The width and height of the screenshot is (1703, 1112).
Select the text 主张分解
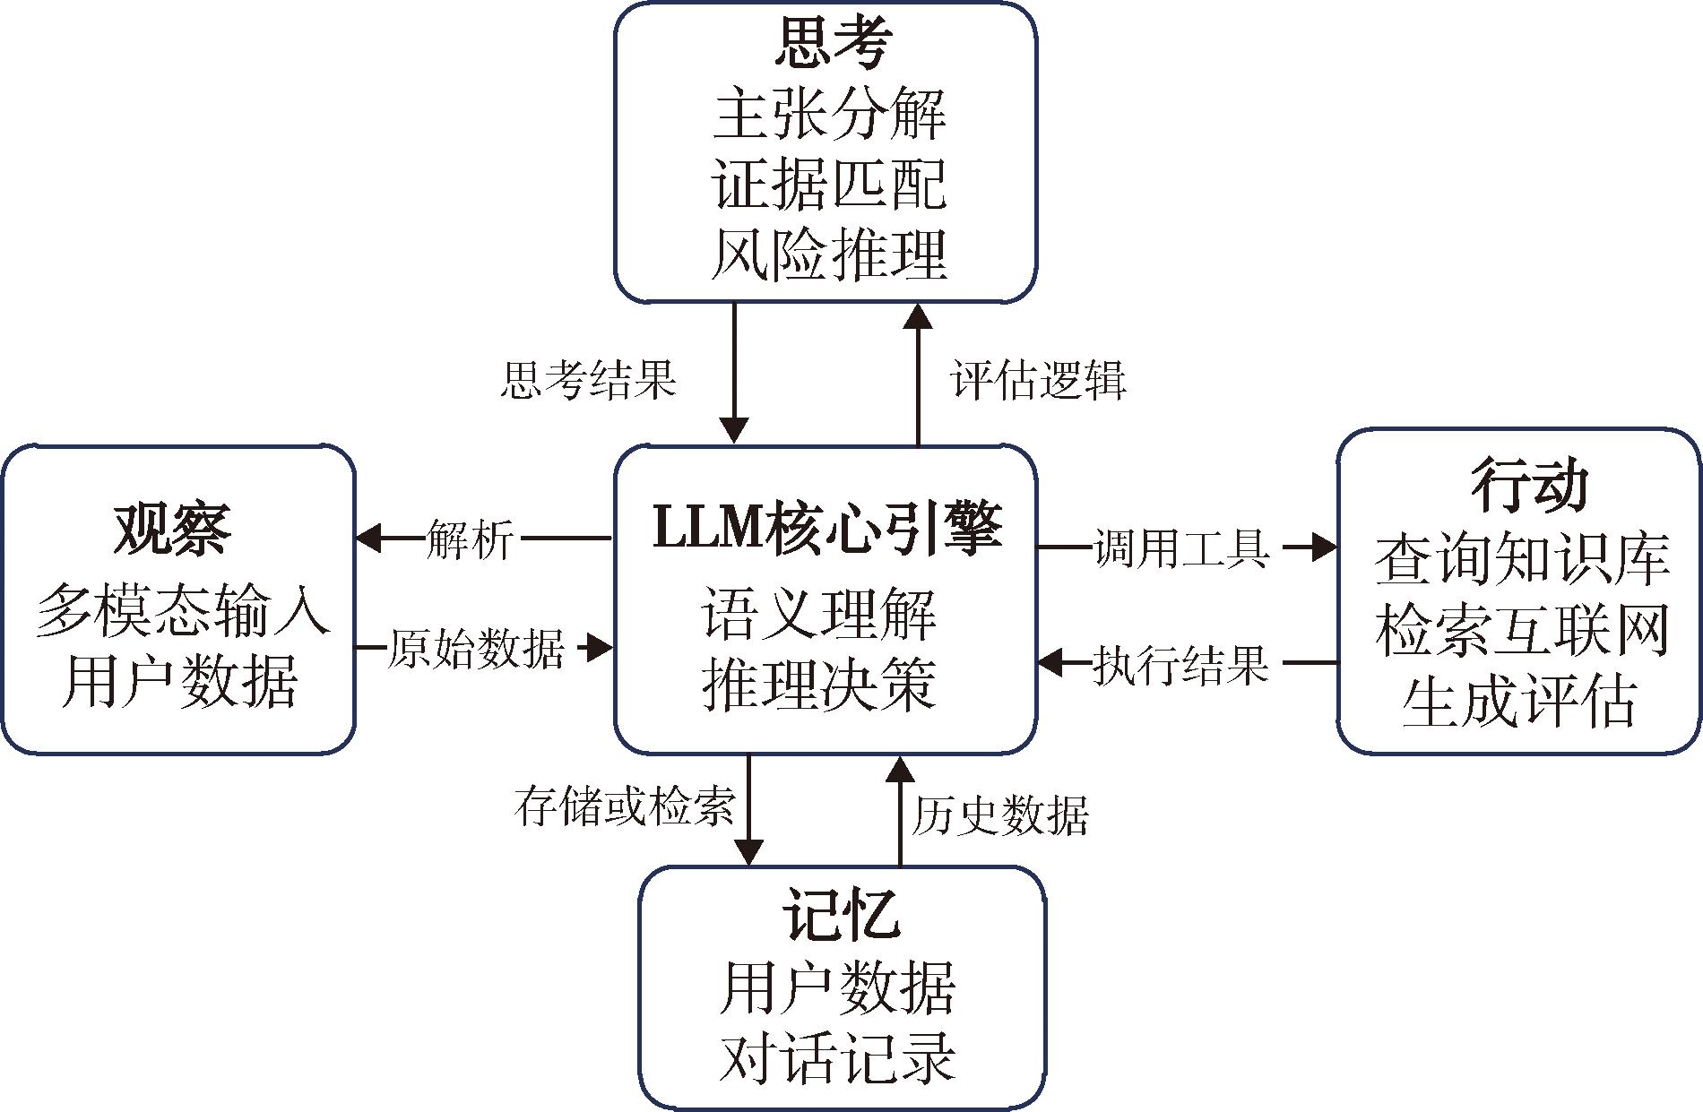(829, 115)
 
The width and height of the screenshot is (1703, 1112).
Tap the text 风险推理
(829, 255)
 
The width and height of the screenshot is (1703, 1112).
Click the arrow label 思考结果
(588, 380)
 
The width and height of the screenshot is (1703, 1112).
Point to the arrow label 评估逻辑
(1038, 380)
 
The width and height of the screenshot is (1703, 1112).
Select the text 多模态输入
(183, 611)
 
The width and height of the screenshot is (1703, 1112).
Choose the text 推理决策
(819, 685)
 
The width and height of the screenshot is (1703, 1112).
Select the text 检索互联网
(1522, 631)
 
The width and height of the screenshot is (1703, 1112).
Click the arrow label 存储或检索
(624, 806)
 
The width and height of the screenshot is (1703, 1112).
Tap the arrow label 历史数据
(1000, 815)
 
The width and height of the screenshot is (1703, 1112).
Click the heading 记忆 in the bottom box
(842, 914)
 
